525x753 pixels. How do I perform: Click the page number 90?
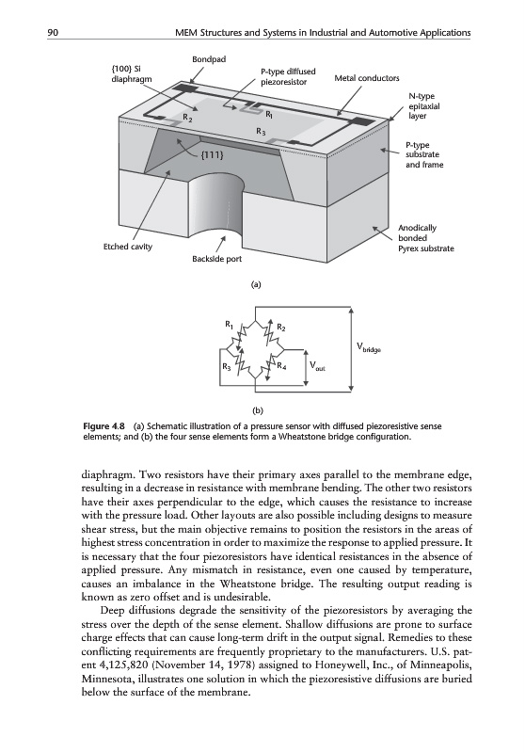tap(53, 33)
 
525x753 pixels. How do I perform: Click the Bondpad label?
tap(209, 59)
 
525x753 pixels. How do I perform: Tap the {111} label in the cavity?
tap(211, 155)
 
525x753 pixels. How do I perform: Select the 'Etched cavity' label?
tap(128, 247)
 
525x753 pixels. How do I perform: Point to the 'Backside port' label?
tap(217, 259)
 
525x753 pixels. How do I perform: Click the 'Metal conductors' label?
tap(367, 78)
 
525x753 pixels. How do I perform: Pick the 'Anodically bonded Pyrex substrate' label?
tap(425, 238)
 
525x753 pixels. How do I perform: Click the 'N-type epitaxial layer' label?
tap(423, 106)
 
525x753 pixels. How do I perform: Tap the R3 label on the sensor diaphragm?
tap(261, 131)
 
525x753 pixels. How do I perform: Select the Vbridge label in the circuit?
tap(369, 346)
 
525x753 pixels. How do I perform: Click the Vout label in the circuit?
tap(318, 366)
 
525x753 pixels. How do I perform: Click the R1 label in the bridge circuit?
tap(230, 324)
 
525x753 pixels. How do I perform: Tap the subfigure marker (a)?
tap(256, 284)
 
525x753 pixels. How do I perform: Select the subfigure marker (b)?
tap(259, 410)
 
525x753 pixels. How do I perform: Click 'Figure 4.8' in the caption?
tap(104, 426)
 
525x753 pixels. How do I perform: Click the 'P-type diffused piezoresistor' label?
tap(288, 77)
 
